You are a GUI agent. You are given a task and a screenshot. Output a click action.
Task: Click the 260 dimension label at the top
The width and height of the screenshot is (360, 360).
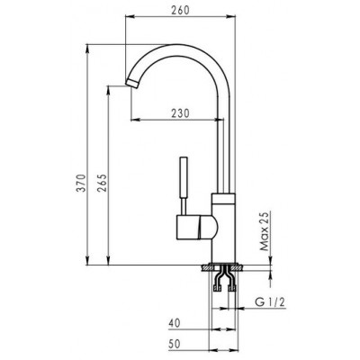[181, 10]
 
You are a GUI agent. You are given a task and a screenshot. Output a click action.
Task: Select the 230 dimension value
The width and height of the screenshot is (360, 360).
[180, 113]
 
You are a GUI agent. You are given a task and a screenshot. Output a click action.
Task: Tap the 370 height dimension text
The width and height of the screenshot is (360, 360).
[81, 183]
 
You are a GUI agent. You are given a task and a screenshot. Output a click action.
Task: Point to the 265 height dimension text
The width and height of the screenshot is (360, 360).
[102, 183]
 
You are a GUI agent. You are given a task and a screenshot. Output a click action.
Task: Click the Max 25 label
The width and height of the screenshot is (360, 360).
[264, 230]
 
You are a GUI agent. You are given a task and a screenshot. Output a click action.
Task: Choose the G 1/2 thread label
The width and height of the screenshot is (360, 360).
[269, 302]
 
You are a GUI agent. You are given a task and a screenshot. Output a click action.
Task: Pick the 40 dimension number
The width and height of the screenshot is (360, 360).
[175, 323]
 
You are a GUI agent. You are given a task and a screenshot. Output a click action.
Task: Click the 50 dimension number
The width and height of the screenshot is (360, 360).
[175, 344]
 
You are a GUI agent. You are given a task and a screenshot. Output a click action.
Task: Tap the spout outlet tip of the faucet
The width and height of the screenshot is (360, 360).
[132, 83]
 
